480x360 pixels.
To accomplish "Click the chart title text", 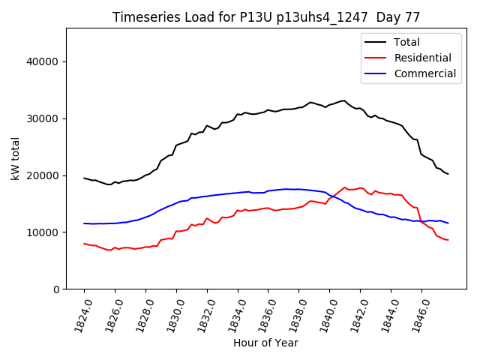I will [x=266, y=16].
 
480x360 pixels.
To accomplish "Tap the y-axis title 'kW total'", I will [x=15, y=159].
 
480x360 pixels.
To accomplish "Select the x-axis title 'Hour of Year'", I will [x=265, y=343].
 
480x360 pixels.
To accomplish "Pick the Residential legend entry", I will [x=422, y=58].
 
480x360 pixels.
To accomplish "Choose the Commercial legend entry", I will [x=424, y=73].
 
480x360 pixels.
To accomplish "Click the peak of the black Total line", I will [x=343, y=100].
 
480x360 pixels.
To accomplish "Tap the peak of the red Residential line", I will [x=344, y=187].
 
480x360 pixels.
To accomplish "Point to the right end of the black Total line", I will [x=448, y=174].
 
